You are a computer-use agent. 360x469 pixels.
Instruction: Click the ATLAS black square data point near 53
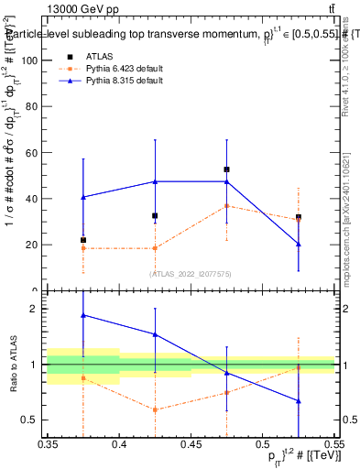226,169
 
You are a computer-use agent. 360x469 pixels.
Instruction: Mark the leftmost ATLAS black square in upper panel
83,240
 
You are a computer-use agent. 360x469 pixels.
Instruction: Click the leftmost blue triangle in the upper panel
83,197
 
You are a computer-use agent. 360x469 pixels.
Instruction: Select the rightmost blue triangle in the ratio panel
298,401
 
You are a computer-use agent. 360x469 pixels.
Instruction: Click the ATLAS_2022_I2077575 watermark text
191,274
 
